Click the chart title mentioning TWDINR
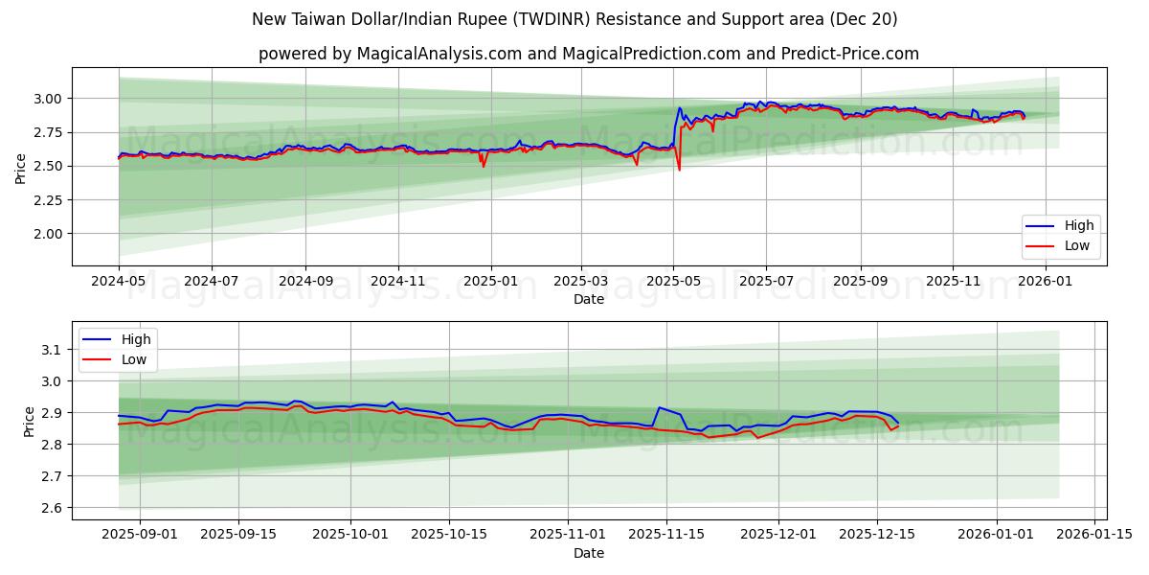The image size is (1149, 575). tap(574, 19)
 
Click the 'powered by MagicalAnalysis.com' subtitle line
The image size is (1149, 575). tap(588, 54)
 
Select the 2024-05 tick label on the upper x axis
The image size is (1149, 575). tap(119, 283)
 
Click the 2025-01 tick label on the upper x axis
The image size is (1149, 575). tap(490, 283)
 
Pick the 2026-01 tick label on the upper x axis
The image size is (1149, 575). tap(1045, 283)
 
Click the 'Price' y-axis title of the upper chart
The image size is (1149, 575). tap(21, 168)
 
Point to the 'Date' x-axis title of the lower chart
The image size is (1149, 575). tap(588, 553)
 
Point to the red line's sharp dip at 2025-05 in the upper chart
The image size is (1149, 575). tap(680, 170)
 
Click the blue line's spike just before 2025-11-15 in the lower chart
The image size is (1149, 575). tap(659, 407)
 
